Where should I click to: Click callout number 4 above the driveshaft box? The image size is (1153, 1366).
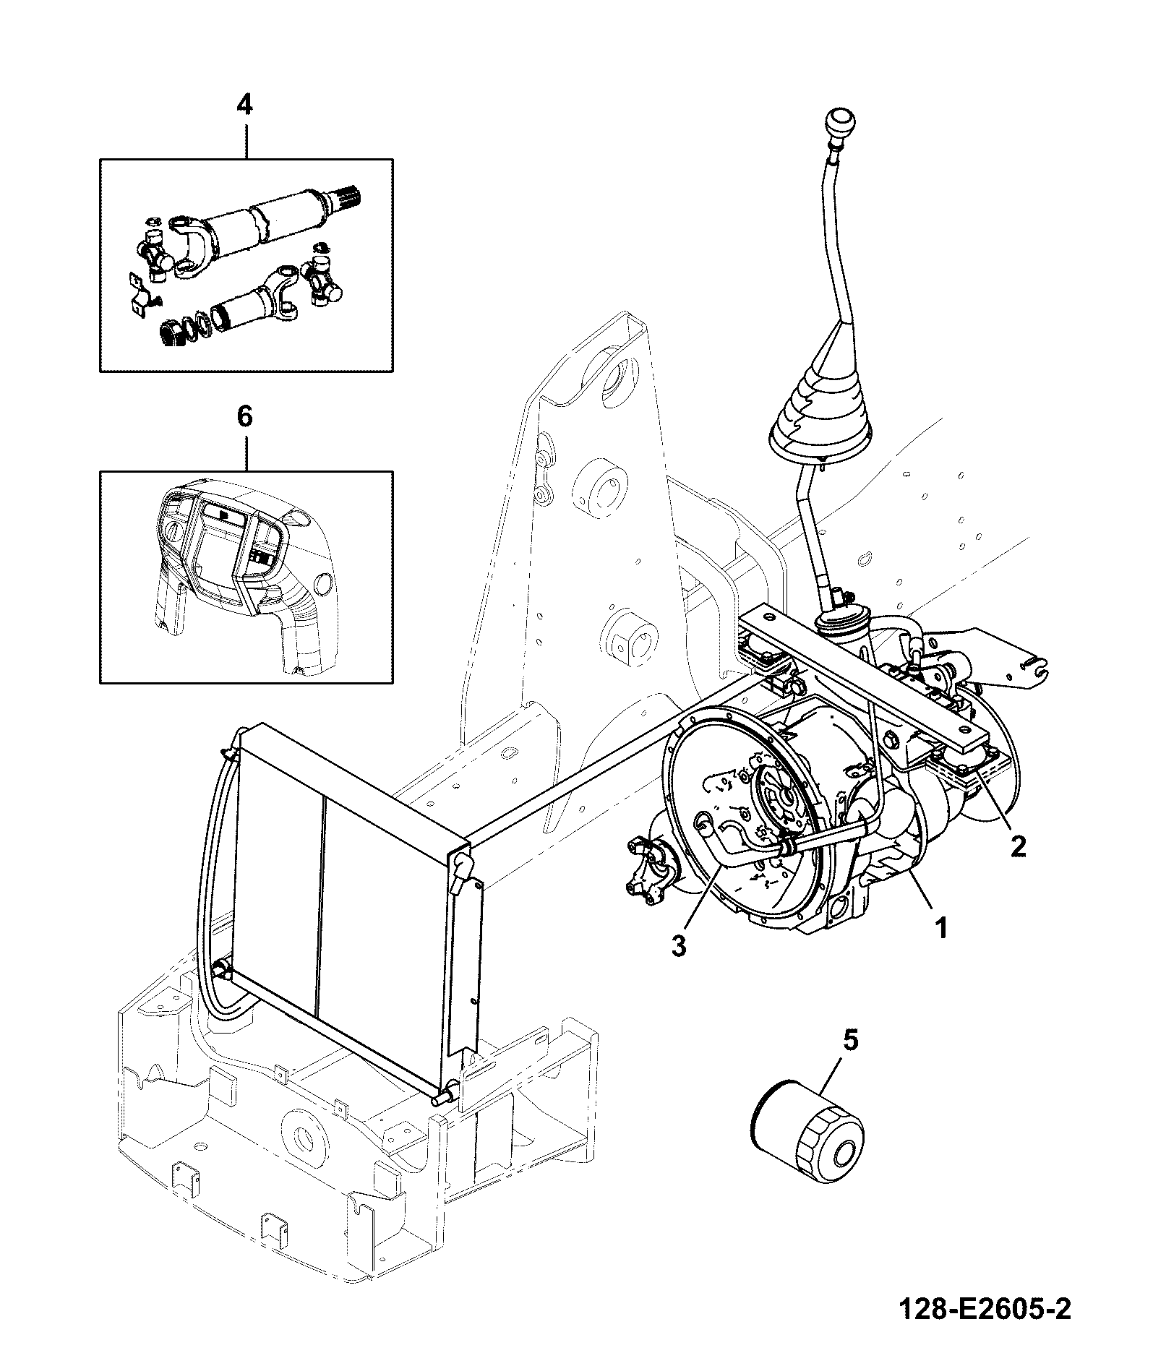[244, 106]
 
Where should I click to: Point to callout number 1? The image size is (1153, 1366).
[940, 928]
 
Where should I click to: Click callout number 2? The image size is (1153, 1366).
[1018, 846]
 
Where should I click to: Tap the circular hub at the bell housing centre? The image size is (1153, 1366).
[781, 795]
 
